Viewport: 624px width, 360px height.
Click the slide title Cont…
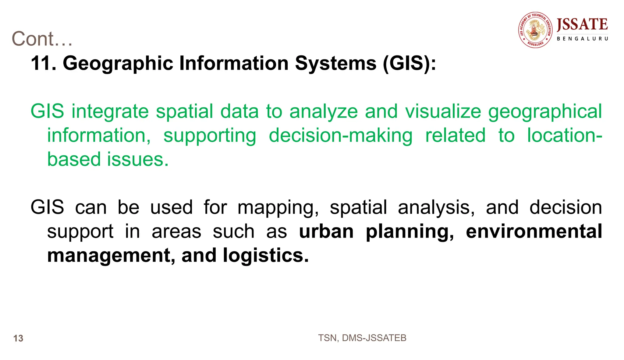[x=42, y=39]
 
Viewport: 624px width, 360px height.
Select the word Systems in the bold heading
[x=335, y=63]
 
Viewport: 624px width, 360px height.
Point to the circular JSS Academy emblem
[x=535, y=30]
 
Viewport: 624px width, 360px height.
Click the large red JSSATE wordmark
[x=582, y=25]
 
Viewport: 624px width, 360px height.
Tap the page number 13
[x=18, y=338]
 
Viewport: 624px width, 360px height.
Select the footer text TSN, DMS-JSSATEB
[x=362, y=338]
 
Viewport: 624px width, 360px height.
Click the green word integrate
[x=110, y=111]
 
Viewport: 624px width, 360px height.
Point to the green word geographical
[x=545, y=111]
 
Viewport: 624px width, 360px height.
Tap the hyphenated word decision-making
[x=340, y=135]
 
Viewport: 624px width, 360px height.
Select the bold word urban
[x=326, y=231]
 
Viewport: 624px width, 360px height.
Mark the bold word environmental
[x=534, y=231]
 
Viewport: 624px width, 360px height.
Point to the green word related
[x=455, y=135]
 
